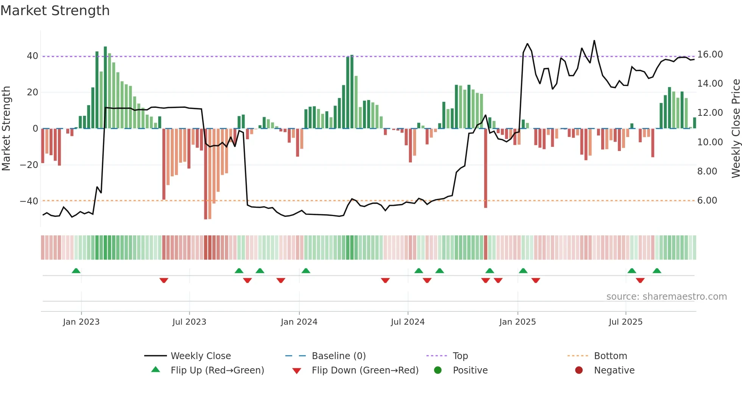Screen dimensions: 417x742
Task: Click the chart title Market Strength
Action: (x=55, y=11)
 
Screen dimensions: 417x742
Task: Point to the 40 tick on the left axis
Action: (x=33, y=56)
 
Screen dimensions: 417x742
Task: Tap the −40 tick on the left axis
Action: (x=29, y=201)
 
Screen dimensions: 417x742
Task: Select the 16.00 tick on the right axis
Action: (x=710, y=54)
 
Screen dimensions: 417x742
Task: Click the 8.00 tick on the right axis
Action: (x=707, y=171)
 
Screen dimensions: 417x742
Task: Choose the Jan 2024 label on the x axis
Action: (x=299, y=322)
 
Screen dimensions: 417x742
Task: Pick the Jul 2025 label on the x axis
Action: (x=625, y=322)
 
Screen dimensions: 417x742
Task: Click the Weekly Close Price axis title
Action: (x=736, y=128)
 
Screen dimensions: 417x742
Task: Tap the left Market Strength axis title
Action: (x=6, y=128)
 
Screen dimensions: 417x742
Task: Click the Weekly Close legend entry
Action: (x=200, y=356)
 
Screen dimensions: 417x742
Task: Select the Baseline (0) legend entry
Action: (x=338, y=356)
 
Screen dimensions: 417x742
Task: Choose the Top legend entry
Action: (x=460, y=356)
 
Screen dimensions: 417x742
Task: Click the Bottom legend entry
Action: (x=610, y=356)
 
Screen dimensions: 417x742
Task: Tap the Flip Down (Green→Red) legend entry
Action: (x=365, y=370)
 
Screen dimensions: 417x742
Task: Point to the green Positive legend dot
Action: (x=438, y=370)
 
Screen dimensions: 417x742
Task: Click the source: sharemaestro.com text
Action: (x=666, y=297)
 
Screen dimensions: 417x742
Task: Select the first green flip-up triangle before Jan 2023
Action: (x=76, y=271)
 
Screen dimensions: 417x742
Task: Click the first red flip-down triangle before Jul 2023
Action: (x=164, y=280)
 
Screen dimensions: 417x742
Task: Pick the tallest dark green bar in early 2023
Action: (x=105, y=87)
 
